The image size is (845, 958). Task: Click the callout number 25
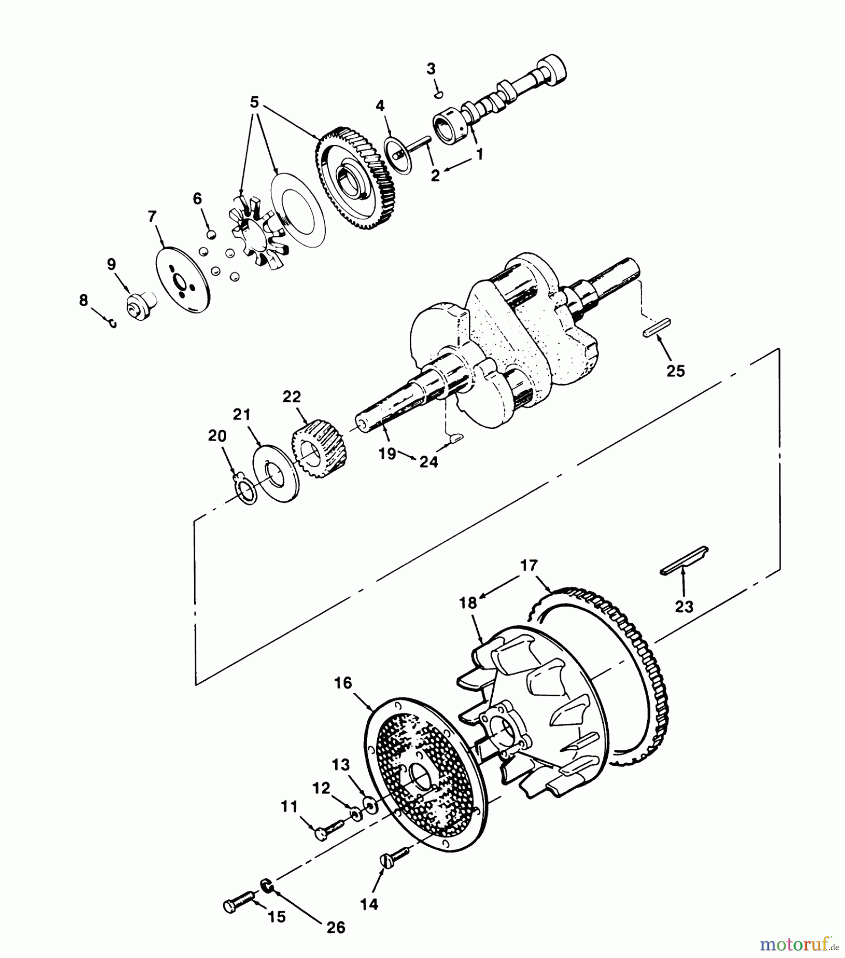click(x=675, y=370)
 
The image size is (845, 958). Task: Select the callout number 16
click(x=343, y=682)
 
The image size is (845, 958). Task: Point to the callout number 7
click(x=152, y=217)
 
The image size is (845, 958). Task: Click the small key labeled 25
click(x=657, y=327)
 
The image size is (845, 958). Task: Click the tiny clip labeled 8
click(x=112, y=323)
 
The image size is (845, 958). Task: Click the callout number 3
click(x=430, y=69)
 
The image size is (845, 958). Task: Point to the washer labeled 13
click(x=368, y=805)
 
